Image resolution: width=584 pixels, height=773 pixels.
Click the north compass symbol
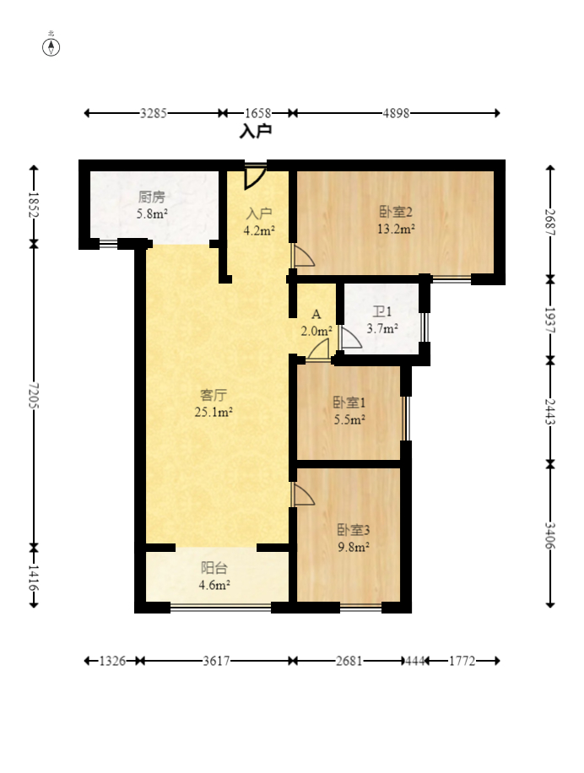[x=51, y=46]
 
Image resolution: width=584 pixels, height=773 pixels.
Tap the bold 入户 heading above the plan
[x=256, y=131]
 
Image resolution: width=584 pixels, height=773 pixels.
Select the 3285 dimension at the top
[x=154, y=113]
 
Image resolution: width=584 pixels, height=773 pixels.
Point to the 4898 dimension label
[x=397, y=113]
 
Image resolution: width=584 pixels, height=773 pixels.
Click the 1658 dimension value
[x=257, y=113]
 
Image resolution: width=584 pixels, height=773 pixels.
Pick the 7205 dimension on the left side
[x=33, y=396]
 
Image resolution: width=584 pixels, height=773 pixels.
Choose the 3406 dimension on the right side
[x=550, y=535]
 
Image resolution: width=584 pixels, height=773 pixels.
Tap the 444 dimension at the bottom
[x=414, y=661]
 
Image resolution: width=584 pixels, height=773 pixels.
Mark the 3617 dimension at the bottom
[x=216, y=661]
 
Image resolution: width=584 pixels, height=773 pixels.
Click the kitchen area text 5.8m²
[x=152, y=214]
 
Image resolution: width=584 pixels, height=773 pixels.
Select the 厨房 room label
[x=151, y=197]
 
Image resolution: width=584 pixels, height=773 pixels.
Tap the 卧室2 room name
[x=395, y=212]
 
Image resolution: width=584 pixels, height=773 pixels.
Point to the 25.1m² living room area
[x=214, y=412]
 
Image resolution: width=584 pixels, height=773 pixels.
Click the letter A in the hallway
[x=316, y=315]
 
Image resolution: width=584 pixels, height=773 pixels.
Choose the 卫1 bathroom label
[x=382, y=311]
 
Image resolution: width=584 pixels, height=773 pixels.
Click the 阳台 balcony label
[x=214, y=569]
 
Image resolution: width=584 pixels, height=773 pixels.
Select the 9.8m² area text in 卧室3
[x=354, y=547]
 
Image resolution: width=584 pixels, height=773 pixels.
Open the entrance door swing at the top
[x=255, y=177]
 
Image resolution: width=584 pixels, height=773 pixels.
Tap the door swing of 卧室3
[x=303, y=494]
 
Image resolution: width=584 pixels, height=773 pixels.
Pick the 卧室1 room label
[x=349, y=403]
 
